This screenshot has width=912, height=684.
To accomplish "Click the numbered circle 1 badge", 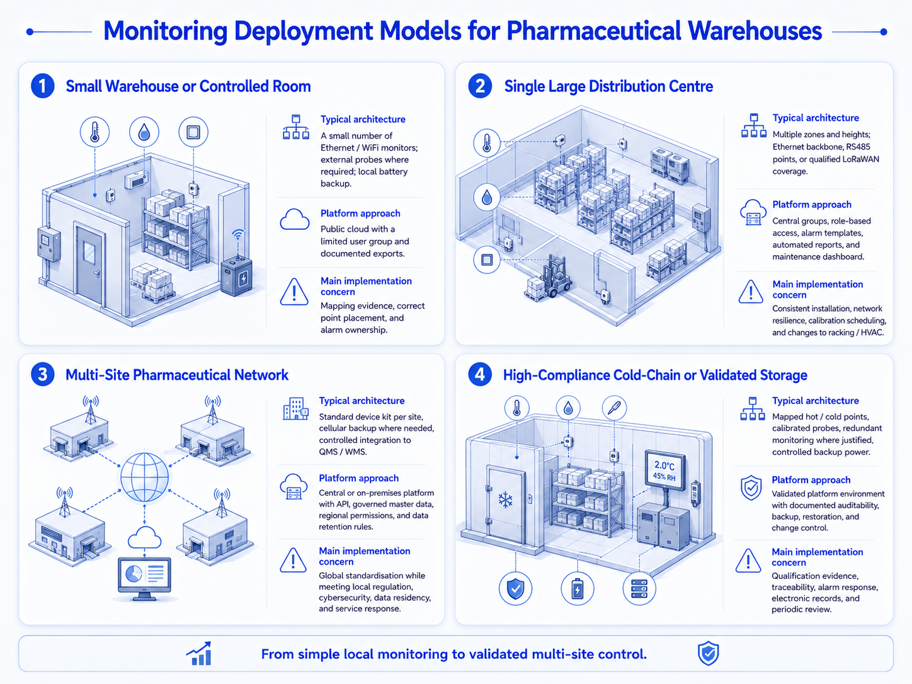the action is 43,86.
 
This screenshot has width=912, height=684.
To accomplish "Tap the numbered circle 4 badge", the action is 480,374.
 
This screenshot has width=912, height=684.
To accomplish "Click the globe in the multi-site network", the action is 145,477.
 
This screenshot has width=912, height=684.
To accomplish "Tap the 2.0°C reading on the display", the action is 664,465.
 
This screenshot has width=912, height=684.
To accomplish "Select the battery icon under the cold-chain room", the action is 577,588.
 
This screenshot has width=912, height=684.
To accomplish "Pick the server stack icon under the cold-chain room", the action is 639,588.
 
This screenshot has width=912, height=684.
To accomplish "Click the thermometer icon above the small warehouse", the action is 94,132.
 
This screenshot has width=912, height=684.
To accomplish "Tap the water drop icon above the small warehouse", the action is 144,132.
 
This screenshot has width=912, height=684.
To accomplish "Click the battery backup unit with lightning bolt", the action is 236,276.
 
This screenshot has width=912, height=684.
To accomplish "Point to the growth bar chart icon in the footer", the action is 199,654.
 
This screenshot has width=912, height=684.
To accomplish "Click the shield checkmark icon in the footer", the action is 708,653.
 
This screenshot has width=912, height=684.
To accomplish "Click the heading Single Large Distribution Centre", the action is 608,86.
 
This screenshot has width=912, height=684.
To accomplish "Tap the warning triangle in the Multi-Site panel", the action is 294,561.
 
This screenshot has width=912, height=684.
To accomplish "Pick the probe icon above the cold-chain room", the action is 614,408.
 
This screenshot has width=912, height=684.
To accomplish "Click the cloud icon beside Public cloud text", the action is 295,219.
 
